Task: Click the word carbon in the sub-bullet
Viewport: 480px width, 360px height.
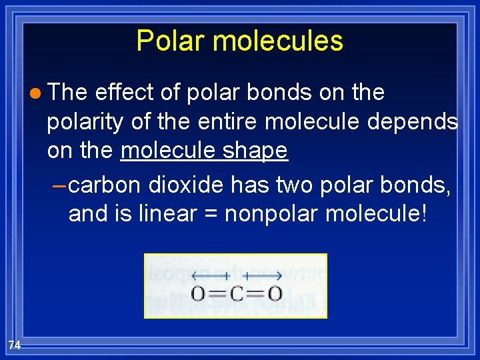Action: [x=105, y=185]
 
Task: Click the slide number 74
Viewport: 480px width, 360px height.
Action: [x=15, y=345]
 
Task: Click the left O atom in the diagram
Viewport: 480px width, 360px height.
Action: [x=198, y=293]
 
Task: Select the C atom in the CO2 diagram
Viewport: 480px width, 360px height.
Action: [x=236, y=293]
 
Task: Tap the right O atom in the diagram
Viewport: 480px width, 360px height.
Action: [x=274, y=293]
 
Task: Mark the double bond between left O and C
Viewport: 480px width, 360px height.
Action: [x=217, y=293]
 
